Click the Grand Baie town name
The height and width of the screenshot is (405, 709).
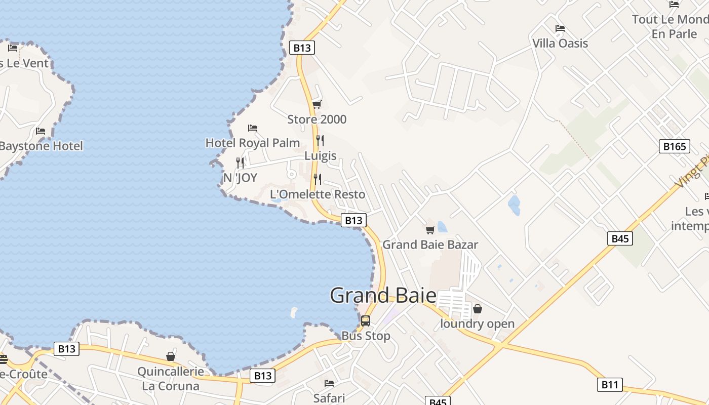coord(383,296)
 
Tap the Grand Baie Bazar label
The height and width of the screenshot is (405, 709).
coord(430,245)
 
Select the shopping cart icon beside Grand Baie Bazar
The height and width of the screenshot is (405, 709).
coord(430,230)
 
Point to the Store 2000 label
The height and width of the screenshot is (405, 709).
coord(317,119)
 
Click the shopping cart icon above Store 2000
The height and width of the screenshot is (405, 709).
coord(317,105)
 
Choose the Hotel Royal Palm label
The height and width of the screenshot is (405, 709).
coord(253,143)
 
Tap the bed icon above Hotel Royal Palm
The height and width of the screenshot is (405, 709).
coord(253,128)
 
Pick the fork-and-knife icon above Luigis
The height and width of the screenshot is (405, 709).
coord(320,140)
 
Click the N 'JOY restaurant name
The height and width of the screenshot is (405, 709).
coord(240,178)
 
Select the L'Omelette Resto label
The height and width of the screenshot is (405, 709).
coord(318,194)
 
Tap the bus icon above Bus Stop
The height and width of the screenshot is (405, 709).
coord(365,321)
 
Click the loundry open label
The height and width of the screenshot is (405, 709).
coord(477,324)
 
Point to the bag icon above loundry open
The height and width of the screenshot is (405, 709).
coord(477,309)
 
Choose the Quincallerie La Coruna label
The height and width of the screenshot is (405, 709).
coord(171,379)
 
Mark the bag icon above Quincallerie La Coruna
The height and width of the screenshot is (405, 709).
coord(171,356)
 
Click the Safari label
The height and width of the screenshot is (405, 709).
coord(329,398)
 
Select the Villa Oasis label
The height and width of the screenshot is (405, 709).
coord(560,43)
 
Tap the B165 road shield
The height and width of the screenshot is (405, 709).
coord(675,147)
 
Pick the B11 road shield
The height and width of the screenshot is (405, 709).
coord(609,385)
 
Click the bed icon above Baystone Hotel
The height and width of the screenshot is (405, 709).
coord(41,131)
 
